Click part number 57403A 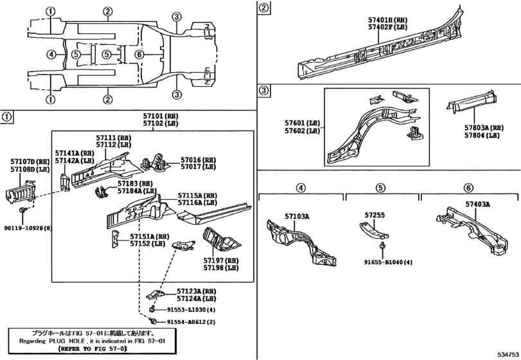[x=477, y=204]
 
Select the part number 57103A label [x=297, y=217]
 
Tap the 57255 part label [x=375, y=215]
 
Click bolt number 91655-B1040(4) [x=388, y=262]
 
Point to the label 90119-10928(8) [x=28, y=228]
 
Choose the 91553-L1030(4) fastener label [x=191, y=310]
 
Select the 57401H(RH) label [x=388, y=21]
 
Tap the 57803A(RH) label [x=484, y=128]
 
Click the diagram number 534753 [x=508, y=354]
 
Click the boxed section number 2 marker [x=263, y=8]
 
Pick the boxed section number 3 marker [x=263, y=91]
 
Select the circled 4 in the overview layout [x=51, y=54]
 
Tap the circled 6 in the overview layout [x=139, y=54]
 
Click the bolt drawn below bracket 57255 [x=382, y=246]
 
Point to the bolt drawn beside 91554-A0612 [x=153, y=321]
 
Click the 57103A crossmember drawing [x=301, y=242]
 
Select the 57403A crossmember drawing [x=472, y=230]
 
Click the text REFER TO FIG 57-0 [x=93, y=348]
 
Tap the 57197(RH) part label [x=221, y=260]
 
